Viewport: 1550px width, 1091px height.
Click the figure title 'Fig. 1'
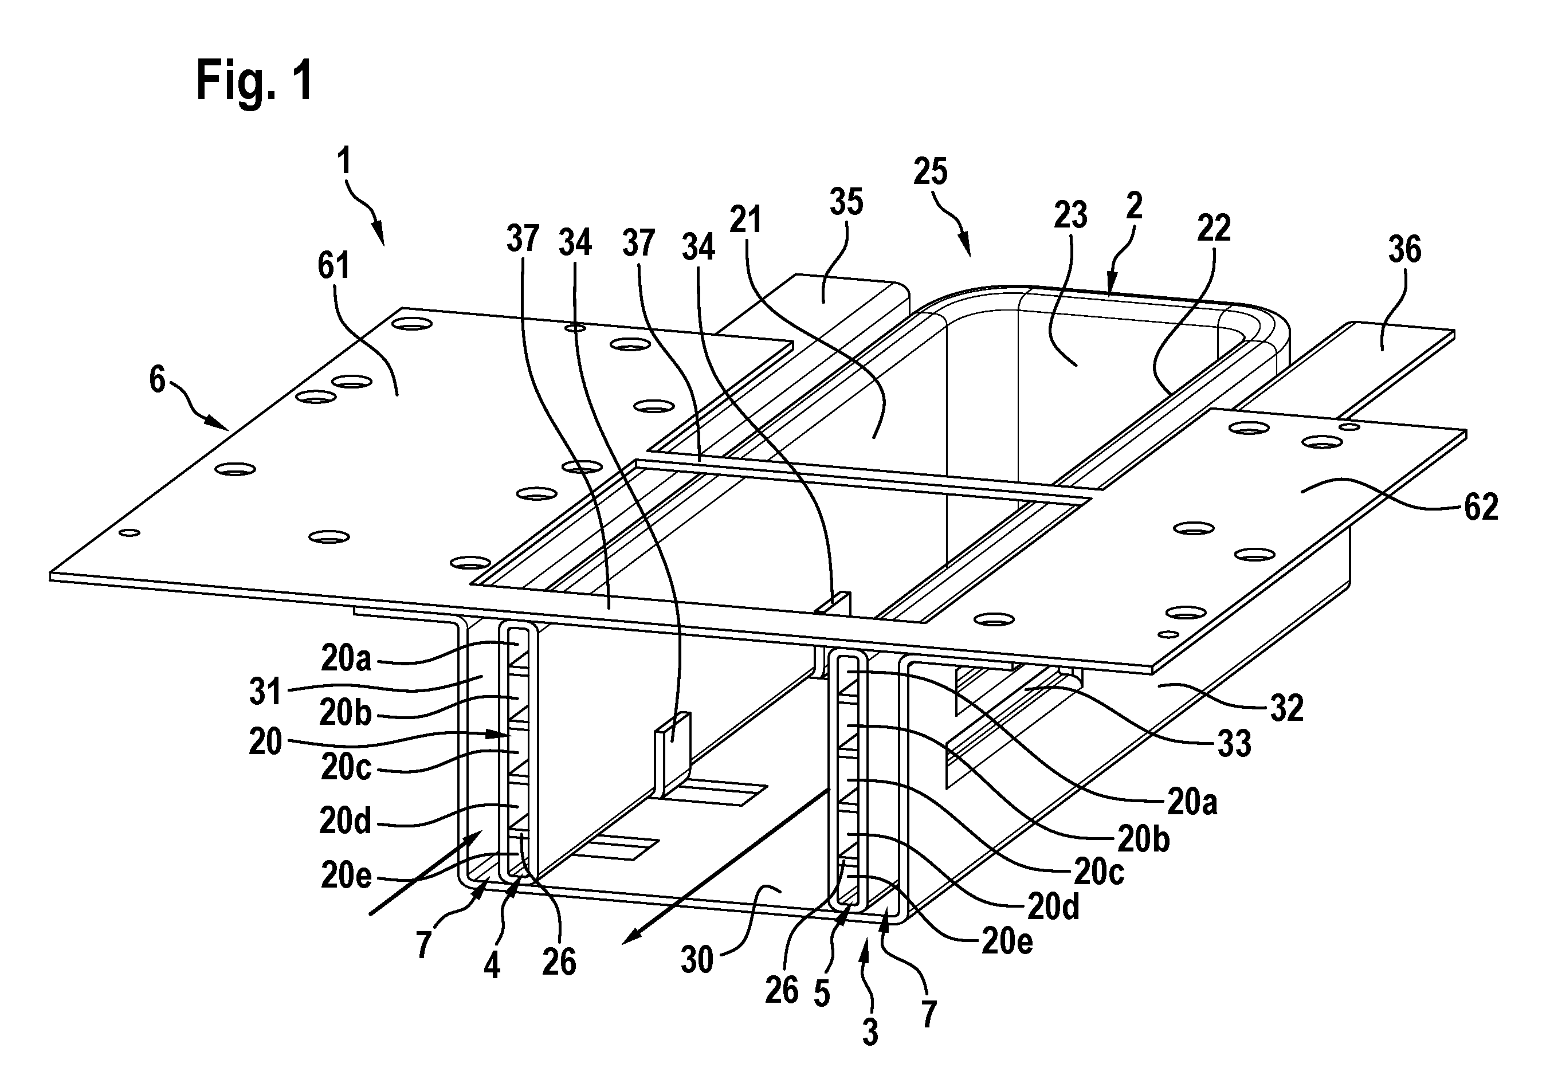pos(254,80)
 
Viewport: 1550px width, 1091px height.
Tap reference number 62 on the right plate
pos(1481,507)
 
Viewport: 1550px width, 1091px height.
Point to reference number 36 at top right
pos(1405,250)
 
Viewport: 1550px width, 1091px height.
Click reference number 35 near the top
pos(846,201)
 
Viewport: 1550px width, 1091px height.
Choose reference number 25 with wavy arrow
pos(930,171)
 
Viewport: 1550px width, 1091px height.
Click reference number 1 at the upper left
pos(345,162)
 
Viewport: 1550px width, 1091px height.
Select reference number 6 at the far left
pos(158,379)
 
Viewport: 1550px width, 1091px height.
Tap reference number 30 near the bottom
pos(697,960)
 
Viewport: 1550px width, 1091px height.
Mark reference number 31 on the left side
pos(265,692)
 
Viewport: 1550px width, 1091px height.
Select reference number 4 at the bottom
pos(492,966)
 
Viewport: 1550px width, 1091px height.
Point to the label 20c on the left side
pos(346,768)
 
